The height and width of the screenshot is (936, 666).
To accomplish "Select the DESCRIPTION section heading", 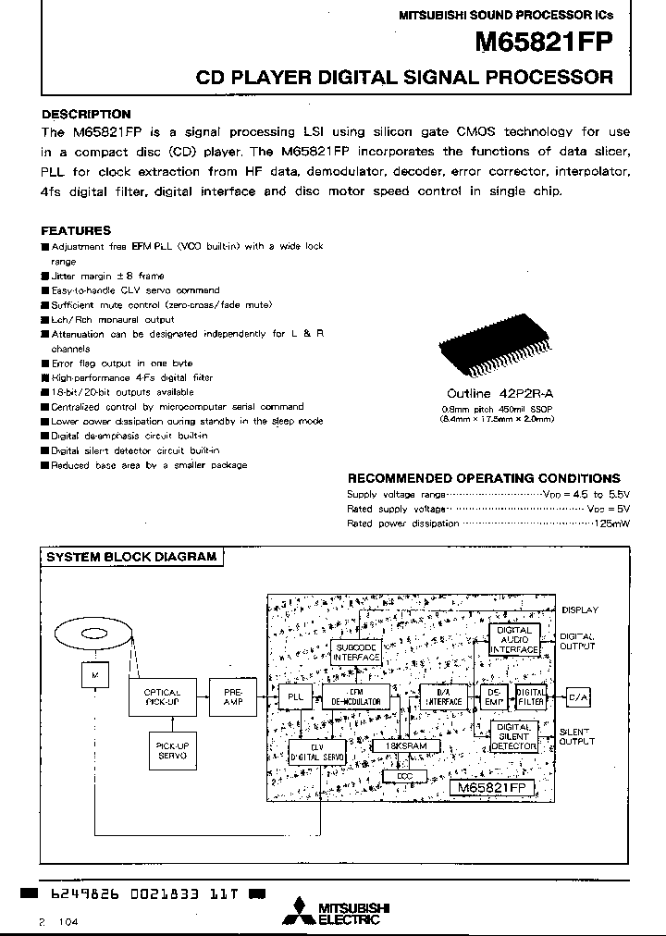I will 85,115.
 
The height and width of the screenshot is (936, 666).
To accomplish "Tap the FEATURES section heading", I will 76,230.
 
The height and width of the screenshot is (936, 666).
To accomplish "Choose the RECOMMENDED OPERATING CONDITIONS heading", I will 483,478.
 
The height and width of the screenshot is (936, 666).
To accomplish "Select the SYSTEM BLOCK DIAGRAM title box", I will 131,557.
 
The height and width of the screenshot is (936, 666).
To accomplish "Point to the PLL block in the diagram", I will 295,697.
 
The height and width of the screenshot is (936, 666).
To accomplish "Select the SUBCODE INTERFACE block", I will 356,651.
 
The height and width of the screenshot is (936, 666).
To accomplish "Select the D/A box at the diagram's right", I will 577,697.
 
